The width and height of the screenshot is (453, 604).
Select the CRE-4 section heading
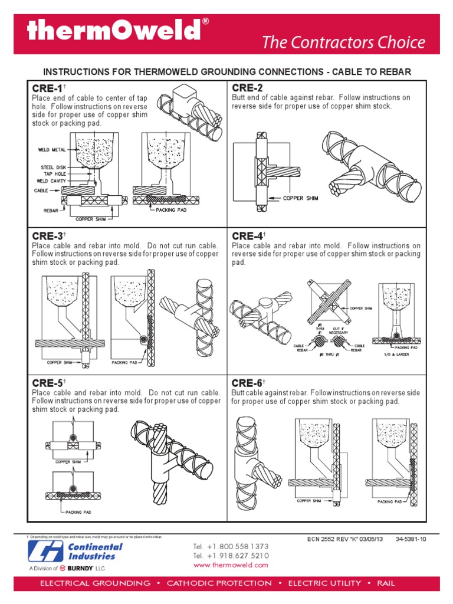(247, 236)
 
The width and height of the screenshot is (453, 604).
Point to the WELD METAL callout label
(52, 150)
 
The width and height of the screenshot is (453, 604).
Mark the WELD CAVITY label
(51, 181)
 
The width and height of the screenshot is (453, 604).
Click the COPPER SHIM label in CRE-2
(300, 199)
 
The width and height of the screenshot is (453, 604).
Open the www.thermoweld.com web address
(231, 564)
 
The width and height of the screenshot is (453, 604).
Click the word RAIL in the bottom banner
(383, 583)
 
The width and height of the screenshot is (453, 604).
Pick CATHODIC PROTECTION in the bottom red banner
(219, 583)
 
